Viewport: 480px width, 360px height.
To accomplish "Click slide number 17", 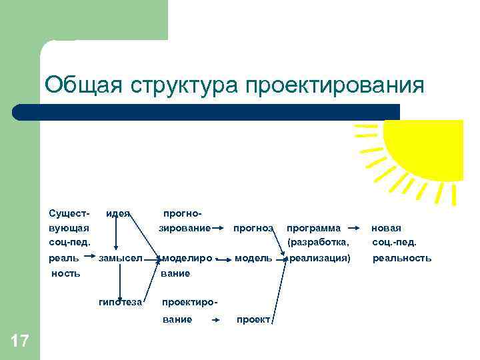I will (20, 342).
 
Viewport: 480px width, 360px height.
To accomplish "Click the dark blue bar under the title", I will (207, 112).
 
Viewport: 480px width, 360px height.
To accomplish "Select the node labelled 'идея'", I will (117, 213).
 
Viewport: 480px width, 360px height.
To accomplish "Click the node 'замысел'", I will (121, 258).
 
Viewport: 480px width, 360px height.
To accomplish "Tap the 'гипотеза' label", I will (120, 302).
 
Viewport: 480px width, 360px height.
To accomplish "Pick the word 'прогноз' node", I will (253, 228).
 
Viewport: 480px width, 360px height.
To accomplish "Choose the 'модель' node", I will (253, 258).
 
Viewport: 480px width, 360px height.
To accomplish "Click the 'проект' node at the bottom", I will (253, 319).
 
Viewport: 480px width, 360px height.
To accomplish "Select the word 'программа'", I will (313, 228).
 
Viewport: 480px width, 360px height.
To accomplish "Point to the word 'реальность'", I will (401, 258).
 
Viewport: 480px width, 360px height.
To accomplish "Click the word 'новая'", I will (386, 228).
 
